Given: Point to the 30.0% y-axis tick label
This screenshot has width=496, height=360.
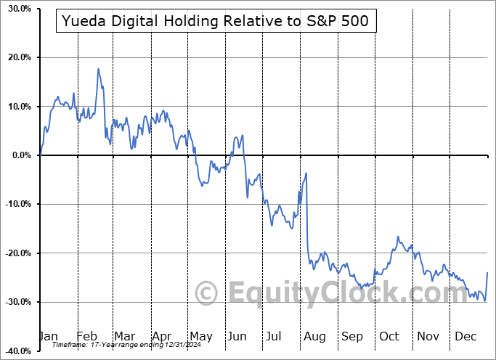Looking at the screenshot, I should tap(16, 9).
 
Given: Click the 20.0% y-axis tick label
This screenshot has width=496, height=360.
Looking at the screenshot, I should tap(16, 57).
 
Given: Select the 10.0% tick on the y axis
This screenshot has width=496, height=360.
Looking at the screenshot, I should tap(16, 107).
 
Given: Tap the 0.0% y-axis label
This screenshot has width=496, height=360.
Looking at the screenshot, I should tap(19, 155).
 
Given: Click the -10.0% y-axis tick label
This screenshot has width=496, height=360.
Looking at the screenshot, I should tap(15, 204).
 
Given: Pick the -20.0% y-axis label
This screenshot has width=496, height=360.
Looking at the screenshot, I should tap(15, 253).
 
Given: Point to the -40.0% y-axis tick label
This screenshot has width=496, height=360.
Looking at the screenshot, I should tap(15, 351).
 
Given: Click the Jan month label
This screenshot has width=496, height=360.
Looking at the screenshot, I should tap(49, 336).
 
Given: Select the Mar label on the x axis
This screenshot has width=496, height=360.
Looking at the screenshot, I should tap(124, 336).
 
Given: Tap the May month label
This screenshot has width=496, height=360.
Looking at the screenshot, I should tap(200, 336).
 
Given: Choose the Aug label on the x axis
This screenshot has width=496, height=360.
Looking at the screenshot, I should tap(314, 336).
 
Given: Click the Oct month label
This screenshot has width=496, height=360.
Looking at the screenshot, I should tap(389, 336).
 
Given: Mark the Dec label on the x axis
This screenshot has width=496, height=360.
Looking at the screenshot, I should tap(465, 336).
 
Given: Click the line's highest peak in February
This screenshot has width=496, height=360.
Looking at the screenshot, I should tap(98, 69).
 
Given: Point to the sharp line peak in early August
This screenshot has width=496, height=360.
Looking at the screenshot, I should tap(306, 173).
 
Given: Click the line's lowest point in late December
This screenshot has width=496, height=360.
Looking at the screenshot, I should tap(484, 300).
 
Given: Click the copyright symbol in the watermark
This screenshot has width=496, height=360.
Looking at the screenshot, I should tap(208, 293).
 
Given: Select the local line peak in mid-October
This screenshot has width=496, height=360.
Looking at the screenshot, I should tap(398, 237).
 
